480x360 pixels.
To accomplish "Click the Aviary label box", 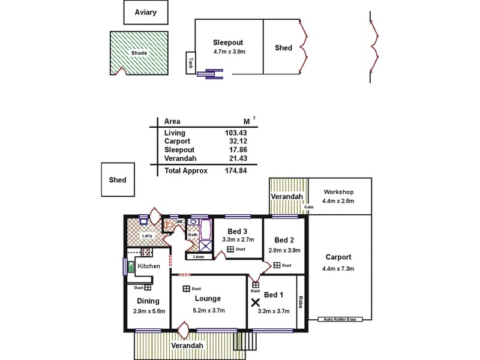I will click(x=145, y=12).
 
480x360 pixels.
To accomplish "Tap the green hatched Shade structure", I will click(x=139, y=53).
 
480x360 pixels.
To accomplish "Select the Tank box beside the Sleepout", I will click(x=190, y=62).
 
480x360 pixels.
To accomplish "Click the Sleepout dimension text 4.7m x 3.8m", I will click(x=229, y=52).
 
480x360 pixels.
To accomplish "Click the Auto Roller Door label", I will click(x=340, y=319).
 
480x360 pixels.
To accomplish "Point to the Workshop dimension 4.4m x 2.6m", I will click(x=338, y=201).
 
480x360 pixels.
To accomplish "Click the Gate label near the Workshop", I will click(x=309, y=207).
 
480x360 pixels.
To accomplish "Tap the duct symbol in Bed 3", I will click(x=230, y=248).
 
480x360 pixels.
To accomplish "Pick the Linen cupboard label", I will click(x=198, y=257).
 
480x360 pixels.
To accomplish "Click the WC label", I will click(x=179, y=221).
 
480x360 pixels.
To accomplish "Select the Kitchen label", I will click(x=149, y=265).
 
